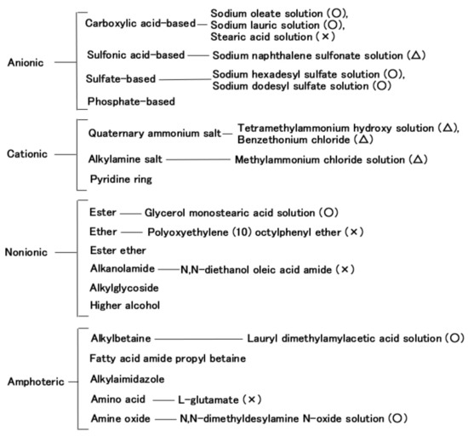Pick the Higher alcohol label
(x=123, y=305)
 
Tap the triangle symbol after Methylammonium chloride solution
(x=417, y=159)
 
